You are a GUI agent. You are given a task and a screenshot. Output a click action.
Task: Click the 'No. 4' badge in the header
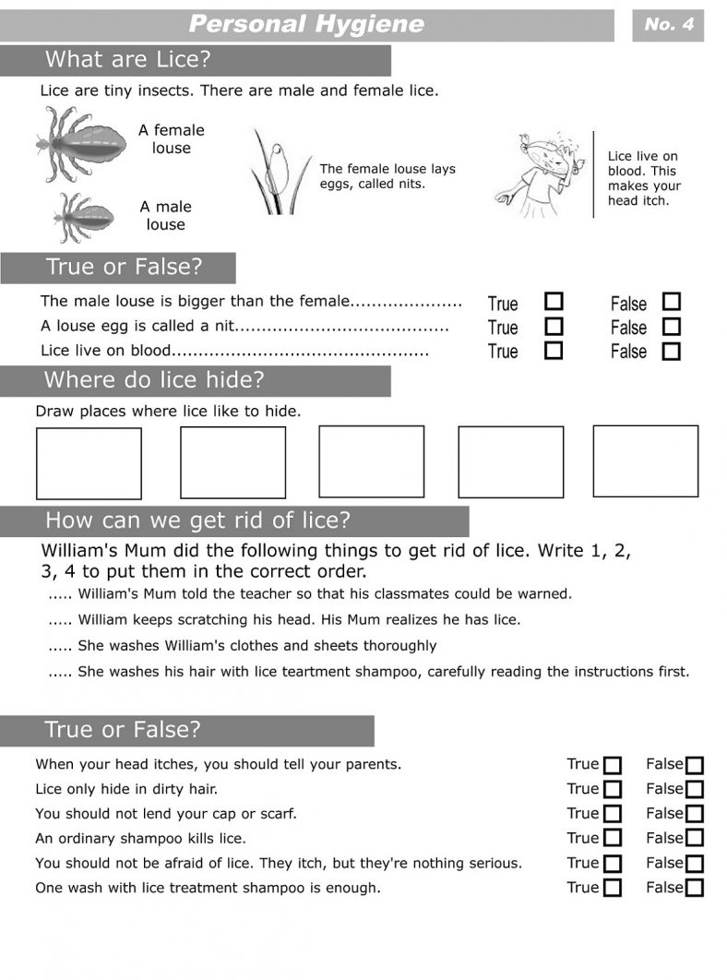coord(669,25)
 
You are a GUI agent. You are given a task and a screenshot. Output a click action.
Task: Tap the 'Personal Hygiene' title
coord(306,24)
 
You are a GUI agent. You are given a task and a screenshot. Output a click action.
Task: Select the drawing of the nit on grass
coord(275,173)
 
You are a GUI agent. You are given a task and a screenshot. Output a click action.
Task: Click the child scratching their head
coord(541,175)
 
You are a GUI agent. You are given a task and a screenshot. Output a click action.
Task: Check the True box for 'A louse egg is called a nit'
coord(554,327)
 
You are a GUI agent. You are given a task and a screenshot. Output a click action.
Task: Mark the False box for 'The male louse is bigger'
coord(672,302)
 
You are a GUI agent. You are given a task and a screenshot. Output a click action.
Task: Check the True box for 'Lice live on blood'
coord(554,351)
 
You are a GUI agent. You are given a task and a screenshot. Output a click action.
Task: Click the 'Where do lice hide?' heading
coord(154,380)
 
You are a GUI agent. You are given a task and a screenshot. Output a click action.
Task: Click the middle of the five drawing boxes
coord(371,461)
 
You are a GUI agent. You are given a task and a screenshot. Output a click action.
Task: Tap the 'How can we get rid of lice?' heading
coord(198,520)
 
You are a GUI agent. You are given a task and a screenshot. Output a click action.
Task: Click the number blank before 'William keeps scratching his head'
coord(60,620)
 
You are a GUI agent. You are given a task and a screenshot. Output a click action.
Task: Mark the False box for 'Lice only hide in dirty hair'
coord(695,790)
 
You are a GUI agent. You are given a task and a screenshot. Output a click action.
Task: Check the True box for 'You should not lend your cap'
coord(612,814)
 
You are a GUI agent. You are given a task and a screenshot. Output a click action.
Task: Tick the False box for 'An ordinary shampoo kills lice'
coord(695,839)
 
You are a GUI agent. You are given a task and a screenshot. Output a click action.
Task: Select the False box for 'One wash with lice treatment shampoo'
coord(695,889)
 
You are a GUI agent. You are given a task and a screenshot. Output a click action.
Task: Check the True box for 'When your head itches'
coord(612,765)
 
